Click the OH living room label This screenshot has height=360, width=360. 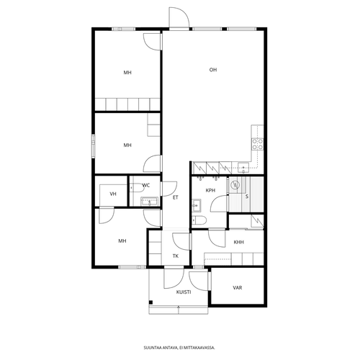213,70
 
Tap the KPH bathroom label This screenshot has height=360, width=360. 210,191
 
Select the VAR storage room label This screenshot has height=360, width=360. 238,287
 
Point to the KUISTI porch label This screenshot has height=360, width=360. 184,292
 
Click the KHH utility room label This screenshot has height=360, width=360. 239,242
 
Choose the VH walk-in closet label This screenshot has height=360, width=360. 113,194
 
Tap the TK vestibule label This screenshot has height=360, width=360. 176,256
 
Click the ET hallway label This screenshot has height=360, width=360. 176,197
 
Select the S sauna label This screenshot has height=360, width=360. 247,197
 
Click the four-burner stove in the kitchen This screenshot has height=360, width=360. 258,144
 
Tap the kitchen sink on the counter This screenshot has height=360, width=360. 243,168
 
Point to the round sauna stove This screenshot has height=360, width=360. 235,185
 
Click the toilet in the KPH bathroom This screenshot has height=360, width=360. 199,220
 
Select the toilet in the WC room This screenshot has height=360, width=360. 137,187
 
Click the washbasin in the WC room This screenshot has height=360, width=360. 150,202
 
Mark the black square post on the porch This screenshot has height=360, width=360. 150,302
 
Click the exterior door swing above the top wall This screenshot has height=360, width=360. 179,17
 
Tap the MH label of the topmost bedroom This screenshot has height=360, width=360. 127,73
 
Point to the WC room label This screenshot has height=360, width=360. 146,185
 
